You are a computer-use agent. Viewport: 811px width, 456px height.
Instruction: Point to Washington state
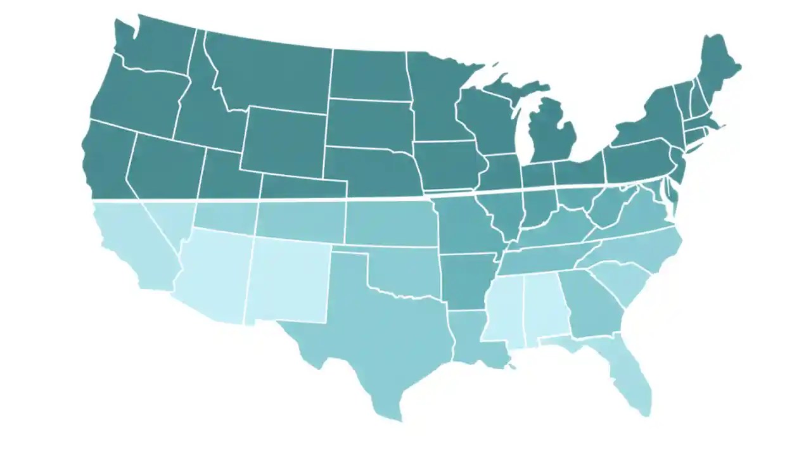(155, 44)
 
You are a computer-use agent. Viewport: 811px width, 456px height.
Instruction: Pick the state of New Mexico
(288, 279)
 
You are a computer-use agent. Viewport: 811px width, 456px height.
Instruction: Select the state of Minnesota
(437, 95)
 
